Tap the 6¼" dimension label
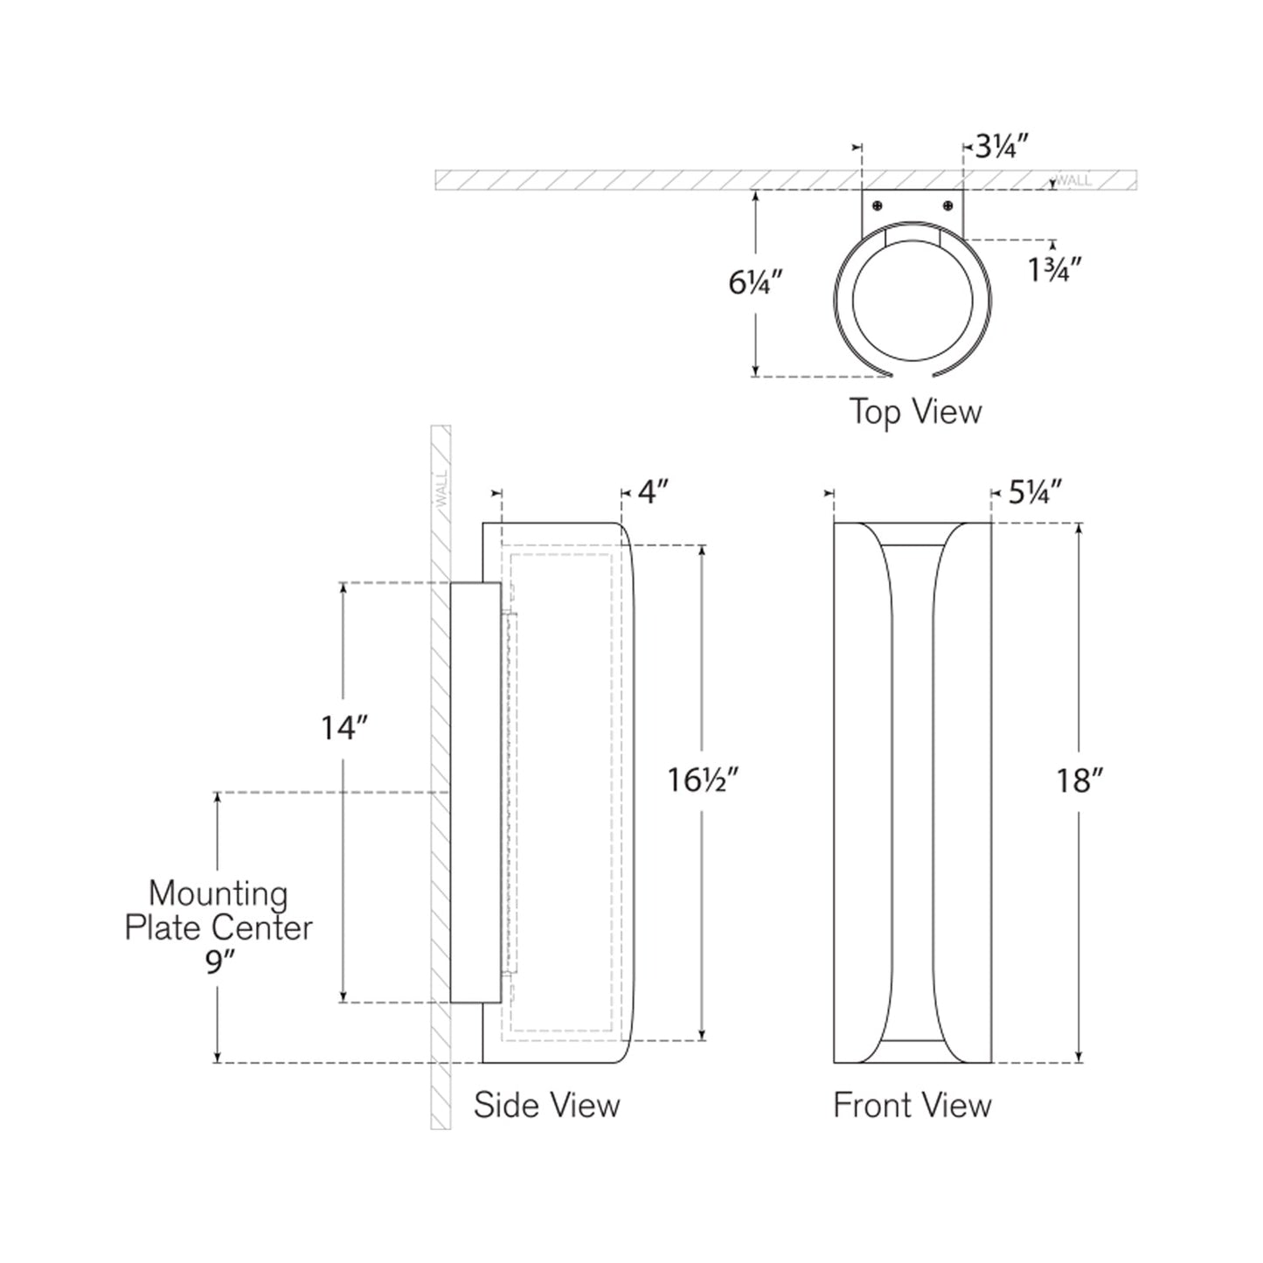pyautogui.click(x=755, y=282)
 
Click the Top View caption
pyautogui.click(x=915, y=412)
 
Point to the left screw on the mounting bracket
pyautogui.click(x=878, y=205)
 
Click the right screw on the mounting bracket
pyautogui.click(x=948, y=205)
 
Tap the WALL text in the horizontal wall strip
pyautogui.click(x=1073, y=181)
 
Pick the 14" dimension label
pyautogui.click(x=343, y=727)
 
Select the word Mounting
pyautogui.click(x=218, y=893)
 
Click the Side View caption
pyautogui.click(x=546, y=1105)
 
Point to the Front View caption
pyautogui.click(x=912, y=1105)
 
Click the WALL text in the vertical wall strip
pyautogui.click(x=441, y=490)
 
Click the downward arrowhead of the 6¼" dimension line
pyautogui.click(x=755, y=371)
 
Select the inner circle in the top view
pyautogui.click(x=912, y=299)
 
